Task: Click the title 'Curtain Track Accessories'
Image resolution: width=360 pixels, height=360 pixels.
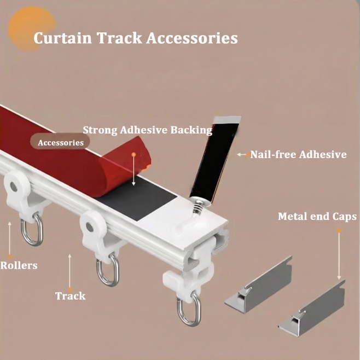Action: [x=136, y=38]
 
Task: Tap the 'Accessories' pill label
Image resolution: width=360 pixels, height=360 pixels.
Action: [x=60, y=142]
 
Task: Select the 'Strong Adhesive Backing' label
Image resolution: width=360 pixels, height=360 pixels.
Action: [x=147, y=130]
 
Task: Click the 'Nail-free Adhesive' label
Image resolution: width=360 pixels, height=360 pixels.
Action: [x=299, y=155]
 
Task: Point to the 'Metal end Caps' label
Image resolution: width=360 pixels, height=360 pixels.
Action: [x=317, y=217]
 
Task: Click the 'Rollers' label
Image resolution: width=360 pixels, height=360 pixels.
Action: [x=19, y=265]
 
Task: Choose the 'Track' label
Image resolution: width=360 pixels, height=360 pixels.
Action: [x=71, y=296]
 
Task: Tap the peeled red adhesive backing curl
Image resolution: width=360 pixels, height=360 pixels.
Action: [x=118, y=164]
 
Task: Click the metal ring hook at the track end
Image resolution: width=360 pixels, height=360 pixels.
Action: [x=188, y=310]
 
